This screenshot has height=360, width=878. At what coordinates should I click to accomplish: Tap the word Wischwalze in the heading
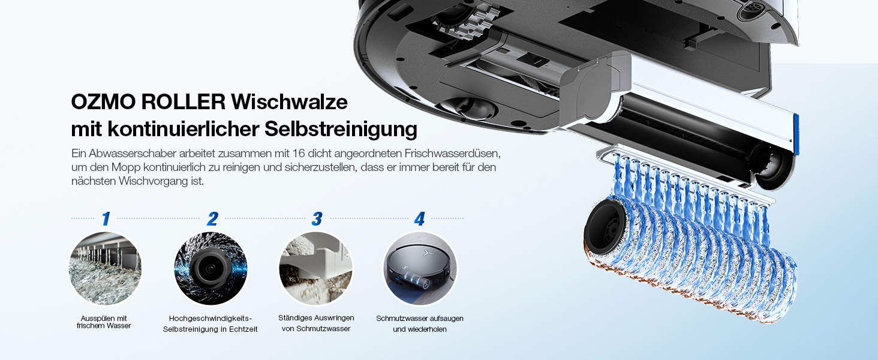click(x=289, y=102)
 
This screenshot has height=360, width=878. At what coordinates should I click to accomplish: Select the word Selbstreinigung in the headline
click(x=341, y=129)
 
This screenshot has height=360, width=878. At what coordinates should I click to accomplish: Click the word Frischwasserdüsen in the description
click(x=452, y=153)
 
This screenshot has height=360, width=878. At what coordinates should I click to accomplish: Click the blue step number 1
click(x=106, y=219)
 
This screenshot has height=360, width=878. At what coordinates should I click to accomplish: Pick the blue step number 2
click(x=212, y=219)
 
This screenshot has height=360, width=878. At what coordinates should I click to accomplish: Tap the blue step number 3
click(x=317, y=219)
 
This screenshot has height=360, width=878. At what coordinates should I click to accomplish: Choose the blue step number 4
click(x=419, y=219)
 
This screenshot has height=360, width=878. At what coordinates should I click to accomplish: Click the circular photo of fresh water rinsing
click(x=105, y=269)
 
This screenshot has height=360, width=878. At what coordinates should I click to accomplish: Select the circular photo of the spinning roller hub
click(x=211, y=269)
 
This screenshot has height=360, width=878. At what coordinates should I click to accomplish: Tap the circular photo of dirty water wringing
click(x=316, y=269)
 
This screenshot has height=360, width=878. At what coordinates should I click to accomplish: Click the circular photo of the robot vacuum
click(x=420, y=269)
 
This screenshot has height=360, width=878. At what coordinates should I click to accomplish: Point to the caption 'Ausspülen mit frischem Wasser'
click(x=104, y=322)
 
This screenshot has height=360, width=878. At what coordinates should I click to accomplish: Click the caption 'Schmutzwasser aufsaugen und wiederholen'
click(x=420, y=323)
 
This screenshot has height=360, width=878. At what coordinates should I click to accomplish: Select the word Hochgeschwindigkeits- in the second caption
click(x=210, y=319)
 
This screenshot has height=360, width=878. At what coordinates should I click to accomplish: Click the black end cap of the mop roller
click(x=603, y=226)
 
